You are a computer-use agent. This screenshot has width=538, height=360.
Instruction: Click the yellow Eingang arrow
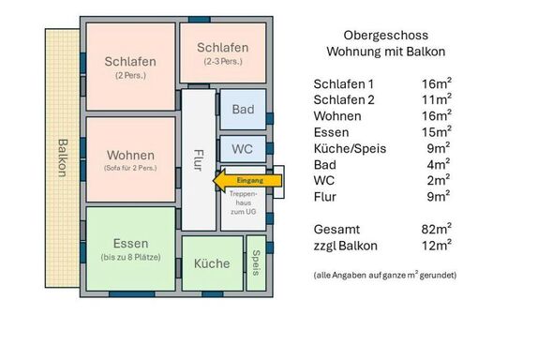click(247, 181)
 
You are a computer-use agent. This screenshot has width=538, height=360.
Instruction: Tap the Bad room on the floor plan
click(243, 110)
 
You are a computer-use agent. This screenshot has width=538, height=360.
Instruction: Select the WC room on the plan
click(243, 149)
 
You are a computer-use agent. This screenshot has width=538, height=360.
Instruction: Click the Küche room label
click(212, 263)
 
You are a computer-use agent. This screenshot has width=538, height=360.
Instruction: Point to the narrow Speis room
click(256, 262)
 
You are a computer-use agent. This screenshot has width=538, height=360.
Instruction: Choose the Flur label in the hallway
click(199, 160)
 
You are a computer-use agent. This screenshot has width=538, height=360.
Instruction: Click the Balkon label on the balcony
click(63, 157)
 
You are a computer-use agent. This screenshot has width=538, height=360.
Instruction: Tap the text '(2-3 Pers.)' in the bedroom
click(223, 62)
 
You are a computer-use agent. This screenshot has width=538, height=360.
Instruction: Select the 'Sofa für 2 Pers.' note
click(130, 168)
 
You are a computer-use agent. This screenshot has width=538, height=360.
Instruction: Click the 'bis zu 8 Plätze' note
click(130, 257)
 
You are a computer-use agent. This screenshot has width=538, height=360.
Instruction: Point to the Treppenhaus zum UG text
click(244, 202)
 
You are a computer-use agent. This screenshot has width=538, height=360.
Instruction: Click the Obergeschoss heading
click(386, 36)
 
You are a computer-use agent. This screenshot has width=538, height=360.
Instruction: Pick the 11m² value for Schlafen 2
click(437, 99)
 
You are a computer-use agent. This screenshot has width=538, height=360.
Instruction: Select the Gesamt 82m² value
click(437, 229)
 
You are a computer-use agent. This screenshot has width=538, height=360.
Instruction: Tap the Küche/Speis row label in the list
click(350, 149)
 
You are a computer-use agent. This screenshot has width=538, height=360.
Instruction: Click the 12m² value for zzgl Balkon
click(437, 246)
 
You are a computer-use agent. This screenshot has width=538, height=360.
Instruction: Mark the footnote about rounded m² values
click(385, 275)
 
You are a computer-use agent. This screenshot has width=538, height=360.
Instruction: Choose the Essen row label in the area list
click(331, 132)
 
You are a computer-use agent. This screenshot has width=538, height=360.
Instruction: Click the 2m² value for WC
click(439, 180)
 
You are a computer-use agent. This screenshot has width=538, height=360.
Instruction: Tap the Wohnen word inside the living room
click(130, 155)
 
